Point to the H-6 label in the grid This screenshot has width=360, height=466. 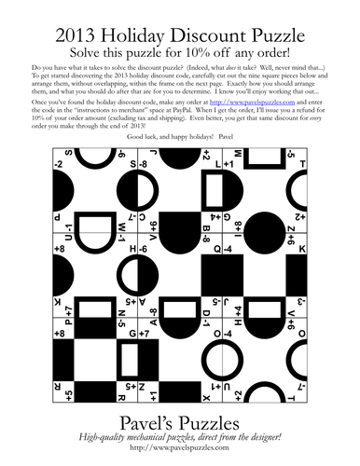click(x=145, y=250)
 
